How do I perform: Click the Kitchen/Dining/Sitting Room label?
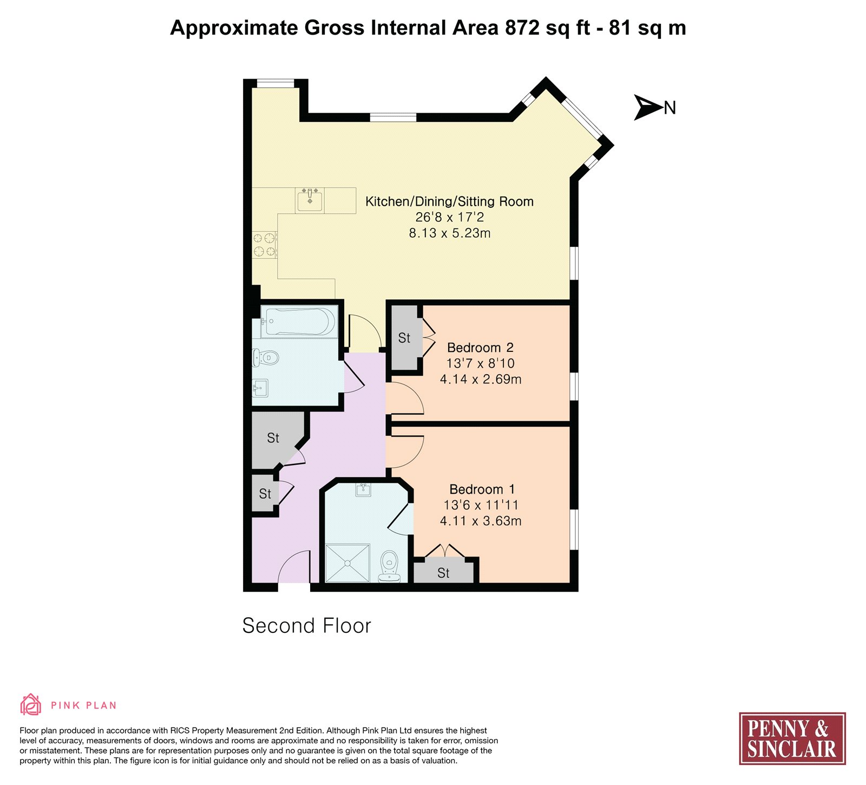pos(449,201)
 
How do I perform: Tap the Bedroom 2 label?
pos(480,348)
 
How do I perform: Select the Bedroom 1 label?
pos(482,489)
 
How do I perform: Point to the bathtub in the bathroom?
pos(299,322)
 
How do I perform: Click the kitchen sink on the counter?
pos(310,200)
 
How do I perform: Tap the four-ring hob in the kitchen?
pos(265,245)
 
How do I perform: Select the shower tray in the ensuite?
pos(347,563)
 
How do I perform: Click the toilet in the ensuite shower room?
pos(389,566)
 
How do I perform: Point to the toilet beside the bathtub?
pos(266,357)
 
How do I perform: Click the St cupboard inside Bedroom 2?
pos(405,338)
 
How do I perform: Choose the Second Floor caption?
pos(306,626)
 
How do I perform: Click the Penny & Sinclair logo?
pos(792,738)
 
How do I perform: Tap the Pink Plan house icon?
pos(31,705)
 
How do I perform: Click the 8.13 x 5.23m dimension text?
pos(450,233)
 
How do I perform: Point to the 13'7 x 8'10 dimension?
pos(481,363)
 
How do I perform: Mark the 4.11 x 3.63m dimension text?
pos(481,521)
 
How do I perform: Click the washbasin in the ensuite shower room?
pos(364,490)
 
